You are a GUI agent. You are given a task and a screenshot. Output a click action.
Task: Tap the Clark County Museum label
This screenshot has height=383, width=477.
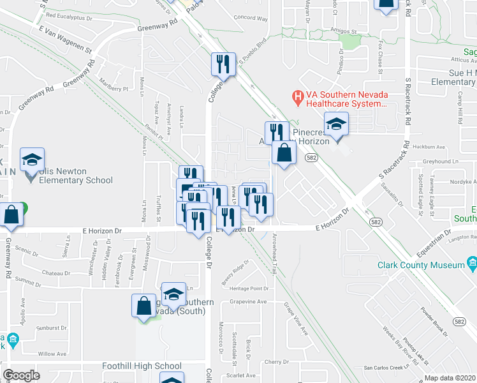click(x=421, y=265)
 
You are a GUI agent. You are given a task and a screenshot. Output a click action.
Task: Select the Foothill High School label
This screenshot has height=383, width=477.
click(x=142, y=366)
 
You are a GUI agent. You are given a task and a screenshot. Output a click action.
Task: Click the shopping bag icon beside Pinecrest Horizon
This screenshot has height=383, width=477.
click(x=284, y=153)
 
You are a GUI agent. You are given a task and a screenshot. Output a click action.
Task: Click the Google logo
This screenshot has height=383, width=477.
click(x=21, y=375)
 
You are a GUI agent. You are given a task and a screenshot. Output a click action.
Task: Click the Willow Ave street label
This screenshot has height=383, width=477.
click(x=52, y=353)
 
